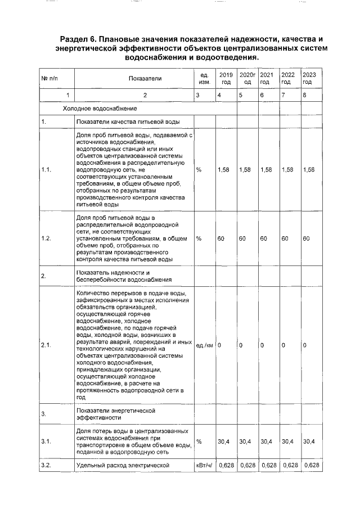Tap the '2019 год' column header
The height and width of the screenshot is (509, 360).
(x=226, y=78)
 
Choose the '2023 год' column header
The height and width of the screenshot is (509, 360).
(x=309, y=78)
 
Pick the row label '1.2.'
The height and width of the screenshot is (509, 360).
(x=47, y=238)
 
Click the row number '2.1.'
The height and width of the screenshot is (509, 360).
(x=47, y=345)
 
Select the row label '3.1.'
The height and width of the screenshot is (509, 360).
(x=47, y=442)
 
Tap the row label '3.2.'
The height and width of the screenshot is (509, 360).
(x=47, y=465)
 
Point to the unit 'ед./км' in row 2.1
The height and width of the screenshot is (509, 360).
(x=204, y=345)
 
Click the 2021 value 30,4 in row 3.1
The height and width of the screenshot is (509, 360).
(x=268, y=442)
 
